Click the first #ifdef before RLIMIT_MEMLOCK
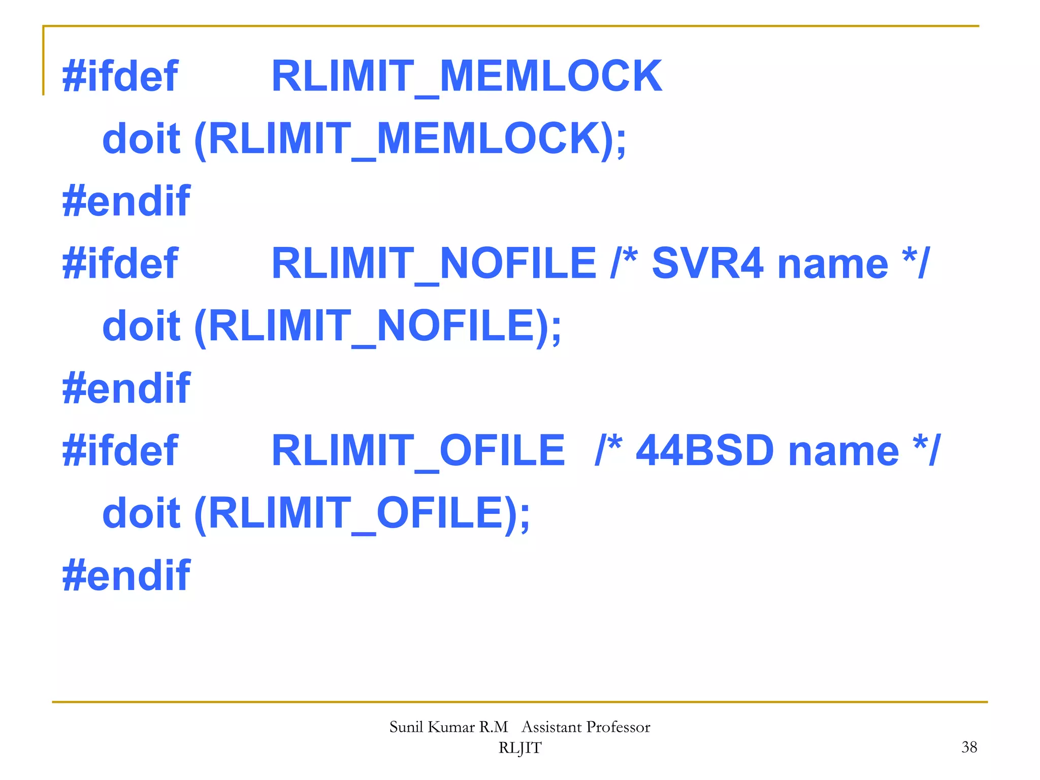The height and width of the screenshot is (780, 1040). pos(120,76)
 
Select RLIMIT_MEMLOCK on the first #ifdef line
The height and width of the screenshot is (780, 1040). pos(466,76)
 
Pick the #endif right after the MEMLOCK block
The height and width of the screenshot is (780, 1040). pos(126,201)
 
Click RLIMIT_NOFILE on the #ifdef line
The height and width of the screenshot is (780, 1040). pos(434,264)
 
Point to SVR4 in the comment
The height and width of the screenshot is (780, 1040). pos(707,264)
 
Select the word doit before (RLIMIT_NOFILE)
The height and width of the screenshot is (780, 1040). pos(141,326)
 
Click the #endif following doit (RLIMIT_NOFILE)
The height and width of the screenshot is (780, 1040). pos(126,388)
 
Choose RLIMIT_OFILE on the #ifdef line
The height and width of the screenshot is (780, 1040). pos(418,451)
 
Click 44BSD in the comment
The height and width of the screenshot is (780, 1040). pos(705,451)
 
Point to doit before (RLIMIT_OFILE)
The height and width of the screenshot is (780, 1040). pos(141,513)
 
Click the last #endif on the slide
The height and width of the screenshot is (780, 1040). pos(126,575)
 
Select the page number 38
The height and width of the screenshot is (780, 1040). pos(969,747)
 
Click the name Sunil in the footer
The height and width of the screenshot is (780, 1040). pos(406,727)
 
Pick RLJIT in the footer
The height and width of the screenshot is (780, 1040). pos(519,748)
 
